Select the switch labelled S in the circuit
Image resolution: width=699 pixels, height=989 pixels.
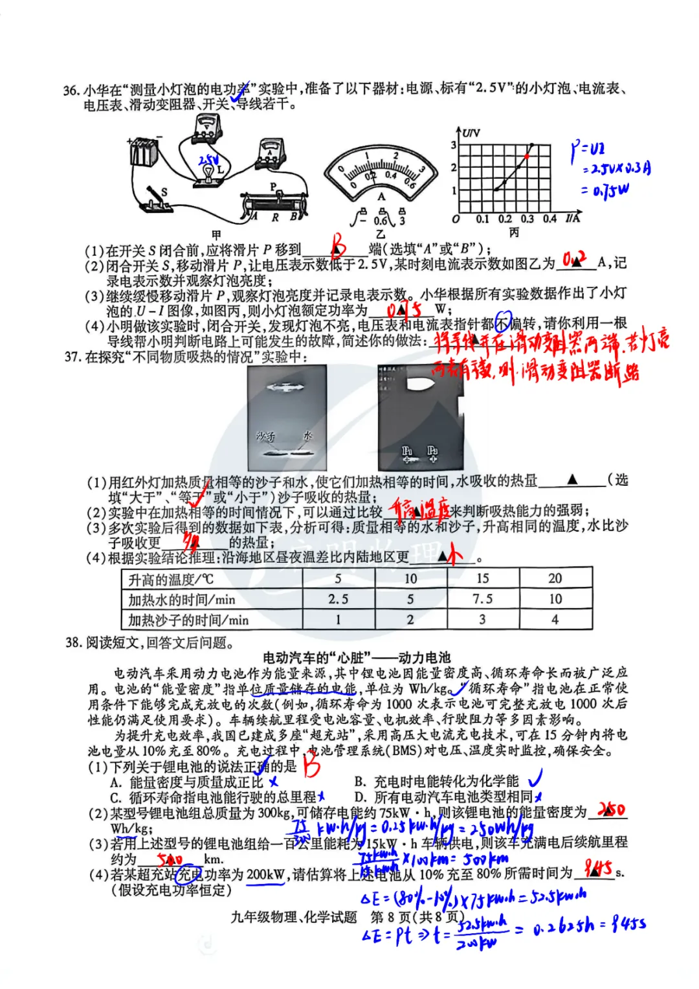pyautogui.click(x=155, y=199)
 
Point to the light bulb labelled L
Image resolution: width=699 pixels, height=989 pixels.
pyautogui.click(x=208, y=172)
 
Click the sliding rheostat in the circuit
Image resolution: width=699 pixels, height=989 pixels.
pyautogui.click(x=274, y=205)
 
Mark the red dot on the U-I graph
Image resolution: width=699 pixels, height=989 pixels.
pyautogui.click(x=527, y=156)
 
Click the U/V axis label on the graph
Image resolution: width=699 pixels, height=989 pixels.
pyautogui.click(x=471, y=133)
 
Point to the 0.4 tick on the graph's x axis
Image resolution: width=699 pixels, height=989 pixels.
pyautogui.click(x=549, y=219)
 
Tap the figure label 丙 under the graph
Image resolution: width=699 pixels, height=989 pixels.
pyautogui.click(x=514, y=233)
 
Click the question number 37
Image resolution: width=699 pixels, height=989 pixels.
pyautogui.click(x=72, y=357)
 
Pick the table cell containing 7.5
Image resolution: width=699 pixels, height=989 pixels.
pyautogui.click(x=482, y=599)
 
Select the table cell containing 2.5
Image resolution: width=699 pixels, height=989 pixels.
pyautogui.click(x=338, y=599)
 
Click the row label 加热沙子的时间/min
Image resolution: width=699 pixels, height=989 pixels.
pyautogui.click(x=188, y=620)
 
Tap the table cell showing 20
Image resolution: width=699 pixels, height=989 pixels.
pyautogui.click(x=555, y=578)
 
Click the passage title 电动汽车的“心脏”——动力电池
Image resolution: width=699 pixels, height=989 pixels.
pyautogui.click(x=357, y=657)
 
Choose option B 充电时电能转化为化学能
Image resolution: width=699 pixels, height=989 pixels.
pyautogui.click(x=437, y=781)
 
